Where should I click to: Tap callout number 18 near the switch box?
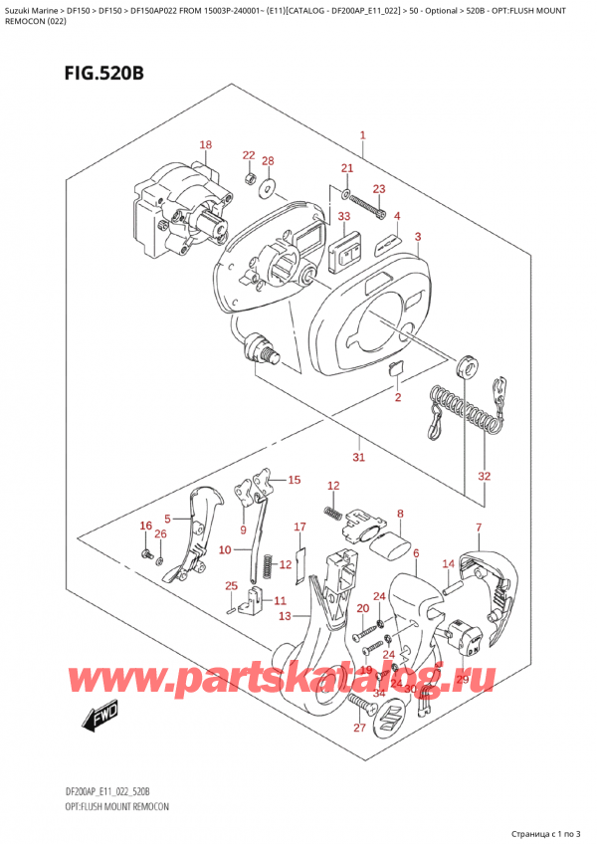[205, 145]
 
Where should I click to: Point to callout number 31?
[359, 458]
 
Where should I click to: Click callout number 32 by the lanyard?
[484, 476]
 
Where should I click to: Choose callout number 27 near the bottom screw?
[359, 729]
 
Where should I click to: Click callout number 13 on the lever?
[286, 617]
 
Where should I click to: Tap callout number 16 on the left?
[145, 526]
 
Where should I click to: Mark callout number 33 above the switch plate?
[343, 216]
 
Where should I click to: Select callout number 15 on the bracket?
[294, 481]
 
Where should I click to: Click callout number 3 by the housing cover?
[418, 236]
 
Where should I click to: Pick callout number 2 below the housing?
[396, 398]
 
